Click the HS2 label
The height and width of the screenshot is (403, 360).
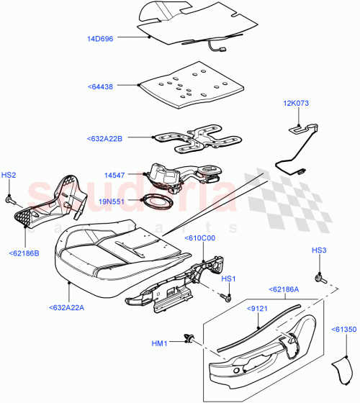(x=9, y=174)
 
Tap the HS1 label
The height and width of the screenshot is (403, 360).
(x=228, y=278)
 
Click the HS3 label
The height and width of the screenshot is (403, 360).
(x=319, y=250)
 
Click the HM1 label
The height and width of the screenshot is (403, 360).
(x=160, y=343)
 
